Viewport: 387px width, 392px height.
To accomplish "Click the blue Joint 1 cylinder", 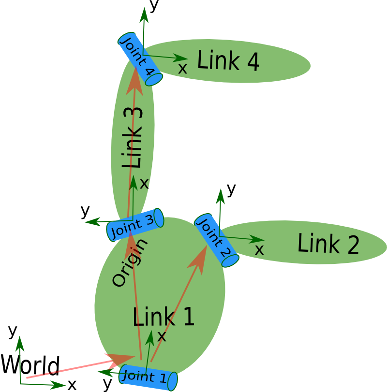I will pyautogui.click(x=148, y=377).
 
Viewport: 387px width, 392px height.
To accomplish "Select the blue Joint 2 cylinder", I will pyautogui.click(x=216, y=240).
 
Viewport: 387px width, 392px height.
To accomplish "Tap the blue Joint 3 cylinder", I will pyautogui.click(x=134, y=225).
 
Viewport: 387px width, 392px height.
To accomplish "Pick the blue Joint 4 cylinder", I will pyautogui.click(x=140, y=59).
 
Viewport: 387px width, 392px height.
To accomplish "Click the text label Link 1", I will pyautogui.click(x=164, y=318).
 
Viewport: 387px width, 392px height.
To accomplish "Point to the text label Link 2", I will pyautogui.click(x=328, y=244).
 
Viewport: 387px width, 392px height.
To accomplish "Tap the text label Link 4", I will pyautogui.click(x=228, y=61).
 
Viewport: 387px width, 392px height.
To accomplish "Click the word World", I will pyautogui.click(x=30, y=365).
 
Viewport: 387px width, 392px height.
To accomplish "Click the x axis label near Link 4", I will pyautogui.click(x=182, y=69).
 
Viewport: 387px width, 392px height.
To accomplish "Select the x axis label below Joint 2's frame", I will pyautogui.click(x=259, y=250).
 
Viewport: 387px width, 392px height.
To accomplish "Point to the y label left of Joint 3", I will pyautogui.click(x=86, y=211).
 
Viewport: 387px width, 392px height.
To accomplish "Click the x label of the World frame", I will pyautogui.click(x=72, y=385).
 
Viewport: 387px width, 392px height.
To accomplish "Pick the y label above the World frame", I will pyautogui.click(x=13, y=331).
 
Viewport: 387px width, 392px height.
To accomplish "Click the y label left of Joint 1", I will pyautogui.click(x=107, y=384).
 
